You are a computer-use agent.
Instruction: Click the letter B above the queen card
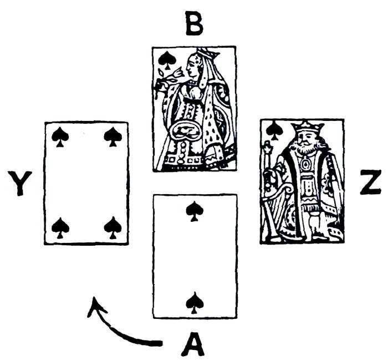click(x=194, y=25)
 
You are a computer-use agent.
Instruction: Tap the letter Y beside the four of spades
click(x=21, y=183)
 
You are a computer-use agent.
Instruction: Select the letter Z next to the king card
click(x=370, y=183)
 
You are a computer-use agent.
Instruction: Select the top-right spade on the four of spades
click(x=113, y=137)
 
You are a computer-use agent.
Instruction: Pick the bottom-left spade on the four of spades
click(x=60, y=227)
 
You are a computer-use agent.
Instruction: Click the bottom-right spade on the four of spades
click(x=113, y=227)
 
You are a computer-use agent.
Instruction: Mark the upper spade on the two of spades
click(x=193, y=211)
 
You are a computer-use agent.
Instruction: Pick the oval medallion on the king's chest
click(x=305, y=165)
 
